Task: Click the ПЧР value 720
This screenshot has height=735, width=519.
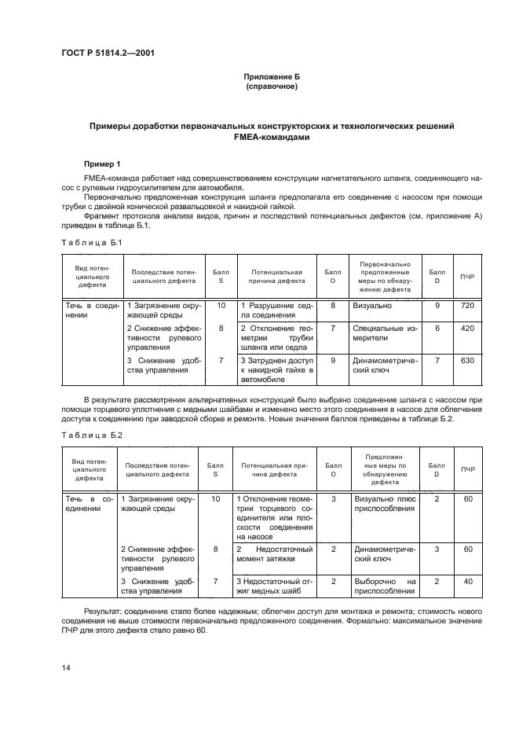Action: click(x=467, y=304)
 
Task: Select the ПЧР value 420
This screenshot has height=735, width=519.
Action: click(x=467, y=328)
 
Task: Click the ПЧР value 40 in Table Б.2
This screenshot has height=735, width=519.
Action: click(x=468, y=581)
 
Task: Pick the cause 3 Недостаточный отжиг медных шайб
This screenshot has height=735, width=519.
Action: click(x=275, y=586)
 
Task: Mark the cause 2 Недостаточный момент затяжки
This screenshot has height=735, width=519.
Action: click(x=275, y=553)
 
